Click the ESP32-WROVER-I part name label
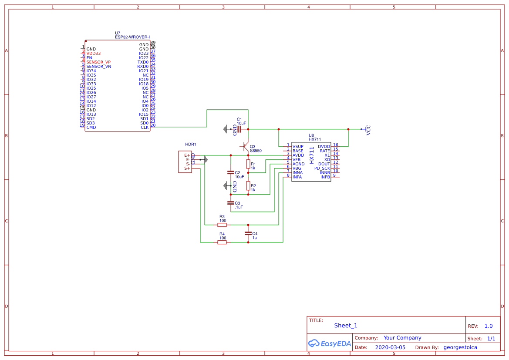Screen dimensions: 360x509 pos(132,37)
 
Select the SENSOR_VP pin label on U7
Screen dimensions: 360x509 pos(98,62)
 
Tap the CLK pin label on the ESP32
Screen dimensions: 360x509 pos(145,127)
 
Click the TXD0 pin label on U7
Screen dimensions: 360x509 pos(143,62)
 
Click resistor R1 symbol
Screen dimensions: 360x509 pos(248,164)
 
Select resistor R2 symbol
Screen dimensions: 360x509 pos(248,186)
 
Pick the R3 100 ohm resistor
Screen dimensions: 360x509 pos(222,225)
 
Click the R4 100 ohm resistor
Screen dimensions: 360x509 pos(222,242)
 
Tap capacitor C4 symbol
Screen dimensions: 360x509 pos(248,233)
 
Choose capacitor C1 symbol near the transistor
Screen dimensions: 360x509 pos(239,129)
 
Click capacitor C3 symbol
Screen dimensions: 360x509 pos(231,203)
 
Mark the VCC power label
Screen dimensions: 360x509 pos(368,130)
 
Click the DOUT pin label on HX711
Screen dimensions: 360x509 pos(324,164)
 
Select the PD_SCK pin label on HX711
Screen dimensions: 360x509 pos(322,168)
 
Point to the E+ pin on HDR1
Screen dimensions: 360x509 pos(187,155)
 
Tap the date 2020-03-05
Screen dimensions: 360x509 pos(390,347)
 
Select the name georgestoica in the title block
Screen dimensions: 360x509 pos(460,347)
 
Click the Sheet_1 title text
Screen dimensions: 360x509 pos(346,326)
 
